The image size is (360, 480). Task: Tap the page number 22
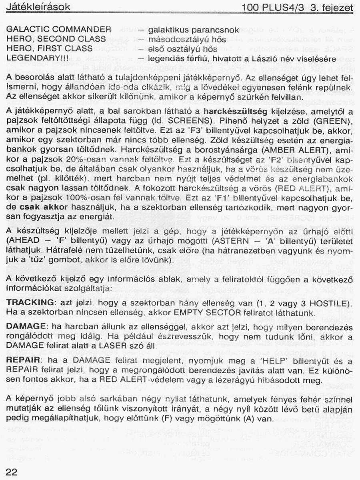tap(12, 472)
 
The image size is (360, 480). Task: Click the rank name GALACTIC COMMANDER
tap(59, 30)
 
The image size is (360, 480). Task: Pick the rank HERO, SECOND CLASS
tap(56, 39)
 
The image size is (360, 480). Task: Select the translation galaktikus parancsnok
tap(193, 30)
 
